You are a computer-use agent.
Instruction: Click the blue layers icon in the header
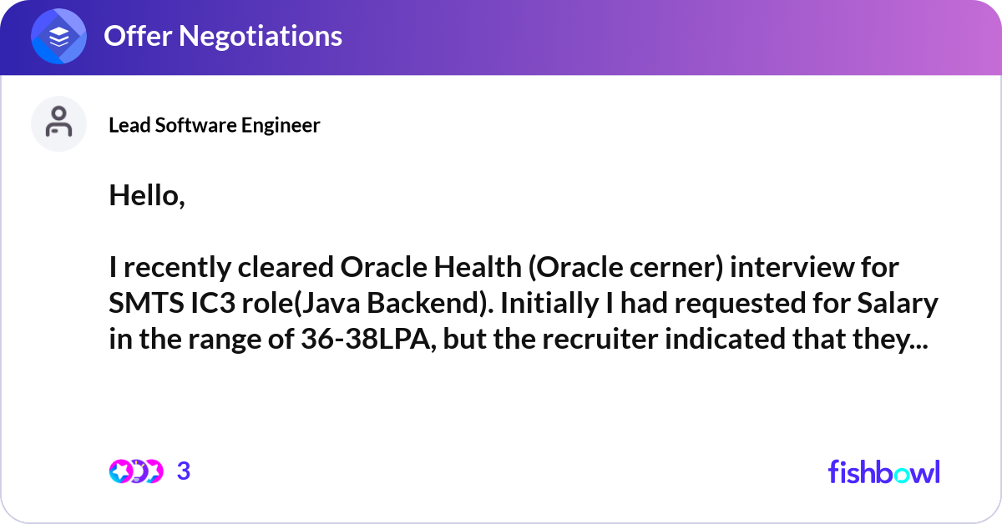58,36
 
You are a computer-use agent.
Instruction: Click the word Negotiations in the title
261,36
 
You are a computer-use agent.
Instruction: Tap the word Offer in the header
138,36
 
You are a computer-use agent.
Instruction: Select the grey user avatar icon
58,123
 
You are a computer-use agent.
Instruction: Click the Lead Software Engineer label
215,125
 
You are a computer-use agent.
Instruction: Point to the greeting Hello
147,196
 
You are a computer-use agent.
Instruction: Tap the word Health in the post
478,267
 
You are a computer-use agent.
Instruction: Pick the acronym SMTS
146,303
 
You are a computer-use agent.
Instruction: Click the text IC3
213,303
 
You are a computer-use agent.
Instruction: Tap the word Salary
898,304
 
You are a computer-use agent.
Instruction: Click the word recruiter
600,339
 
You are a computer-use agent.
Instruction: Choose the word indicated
725,339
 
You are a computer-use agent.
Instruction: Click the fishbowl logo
884,471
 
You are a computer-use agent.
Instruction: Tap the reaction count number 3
184,471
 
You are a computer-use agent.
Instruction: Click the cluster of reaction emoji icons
136,471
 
